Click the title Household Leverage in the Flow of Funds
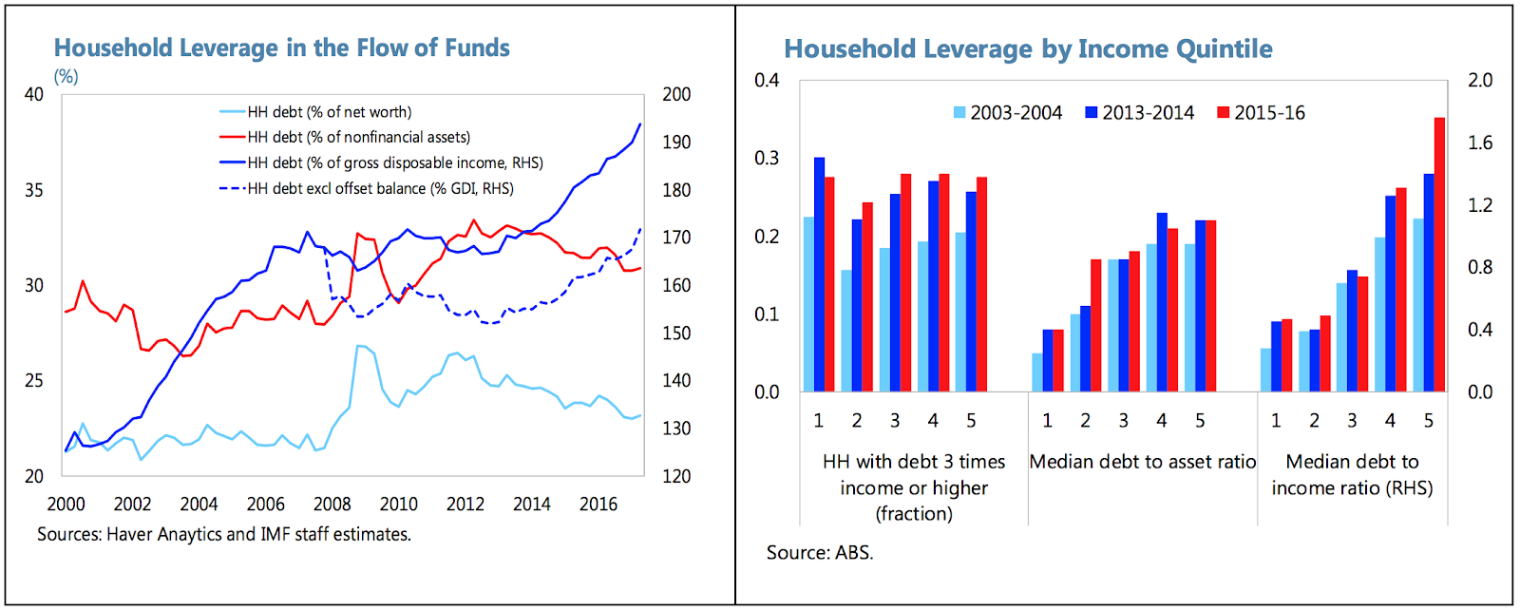tap(281, 48)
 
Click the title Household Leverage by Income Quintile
tap(1028, 49)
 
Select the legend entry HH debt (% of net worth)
tap(329, 112)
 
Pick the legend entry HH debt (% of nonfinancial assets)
tap(358, 138)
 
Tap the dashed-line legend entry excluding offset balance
tap(380, 189)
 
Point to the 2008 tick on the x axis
tap(332, 505)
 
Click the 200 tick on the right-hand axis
tap(676, 95)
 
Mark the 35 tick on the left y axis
tap(34, 190)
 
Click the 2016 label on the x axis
tap(598, 505)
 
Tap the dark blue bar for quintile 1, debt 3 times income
tap(819, 275)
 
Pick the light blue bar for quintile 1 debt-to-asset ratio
tap(1036, 372)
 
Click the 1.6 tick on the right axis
tap(1480, 143)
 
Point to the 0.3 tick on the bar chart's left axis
tap(767, 159)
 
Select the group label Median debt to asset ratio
tap(1142, 463)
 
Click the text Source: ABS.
tap(820, 553)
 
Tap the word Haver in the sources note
tap(129, 535)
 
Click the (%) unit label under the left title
tap(66, 77)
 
